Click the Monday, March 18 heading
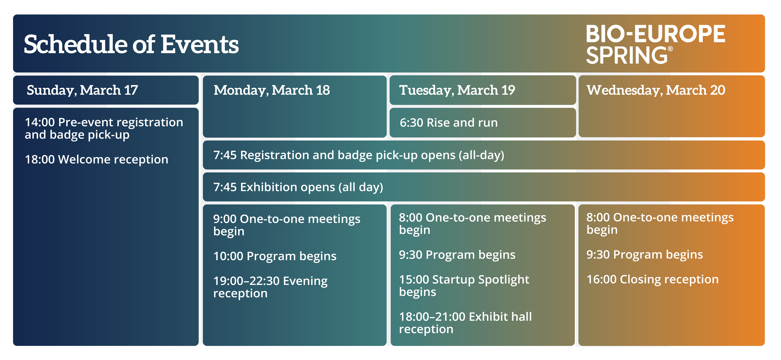pos(272,90)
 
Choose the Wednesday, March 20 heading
pos(656,90)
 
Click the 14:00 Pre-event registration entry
pos(104,128)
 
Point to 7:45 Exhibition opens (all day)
pos(298,187)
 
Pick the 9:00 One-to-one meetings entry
pos(286,225)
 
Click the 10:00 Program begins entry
pos(275,256)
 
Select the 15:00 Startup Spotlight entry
pos(464,285)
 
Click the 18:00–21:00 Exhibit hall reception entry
pos(465,323)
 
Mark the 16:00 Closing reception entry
pos(652,279)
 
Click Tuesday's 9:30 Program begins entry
pos(457,255)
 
